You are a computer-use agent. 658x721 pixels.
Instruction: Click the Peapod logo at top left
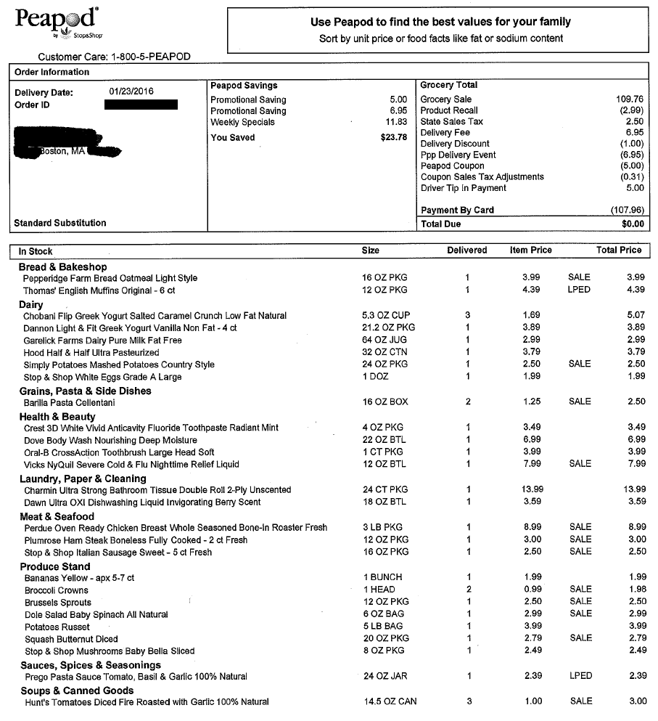[57, 23]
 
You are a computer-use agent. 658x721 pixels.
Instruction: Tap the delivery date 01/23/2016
[131, 92]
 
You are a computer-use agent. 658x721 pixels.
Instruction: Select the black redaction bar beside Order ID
[141, 105]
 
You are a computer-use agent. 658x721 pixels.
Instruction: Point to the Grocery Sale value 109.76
[629, 99]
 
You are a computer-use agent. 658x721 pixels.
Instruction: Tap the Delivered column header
[466, 250]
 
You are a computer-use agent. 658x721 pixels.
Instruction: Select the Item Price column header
[530, 250]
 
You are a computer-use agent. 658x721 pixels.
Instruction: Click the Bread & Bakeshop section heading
[62, 267]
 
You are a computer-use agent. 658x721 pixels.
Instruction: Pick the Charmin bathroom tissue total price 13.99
[630, 490]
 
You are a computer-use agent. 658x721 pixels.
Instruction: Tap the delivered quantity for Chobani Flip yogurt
[467, 316]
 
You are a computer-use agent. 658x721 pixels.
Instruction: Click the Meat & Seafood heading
[57, 516]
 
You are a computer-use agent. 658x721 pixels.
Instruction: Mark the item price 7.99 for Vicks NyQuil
[532, 464]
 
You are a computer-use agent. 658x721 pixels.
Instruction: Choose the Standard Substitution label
[60, 223]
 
